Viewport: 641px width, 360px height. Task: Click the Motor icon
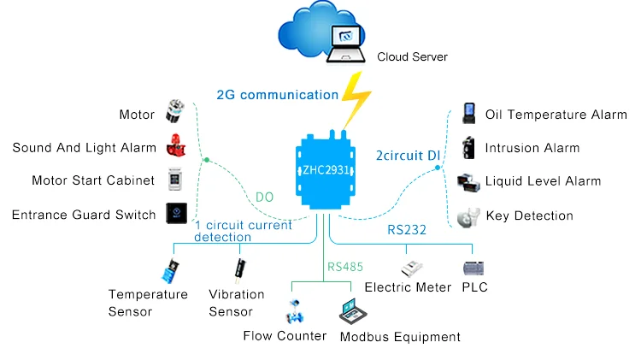pyautogui.click(x=175, y=114)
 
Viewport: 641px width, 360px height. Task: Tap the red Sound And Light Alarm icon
pyautogui.click(x=174, y=147)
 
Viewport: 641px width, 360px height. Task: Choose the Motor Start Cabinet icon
pyautogui.click(x=174, y=180)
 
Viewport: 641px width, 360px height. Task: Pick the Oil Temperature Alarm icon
pyautogui.click(x=468, y=114)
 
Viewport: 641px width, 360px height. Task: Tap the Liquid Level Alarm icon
pyautogui.click(x=468, y=181)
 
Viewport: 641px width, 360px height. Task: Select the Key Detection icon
pyautogui.click(x=467, y=216)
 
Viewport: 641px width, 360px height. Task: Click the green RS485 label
pyautogui.click(x=345, y=267)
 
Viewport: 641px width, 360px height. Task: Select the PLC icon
pyautogui.click(x=473, y=268)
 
